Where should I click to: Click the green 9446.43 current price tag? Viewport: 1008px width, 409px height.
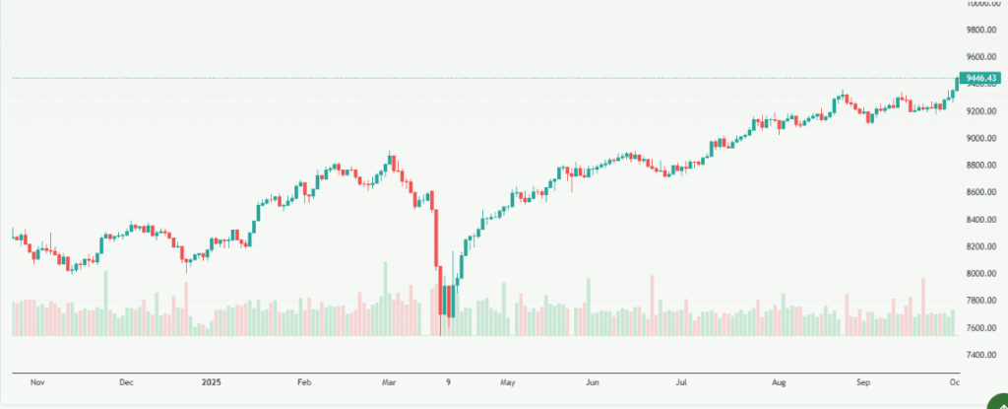[x=981, y=78]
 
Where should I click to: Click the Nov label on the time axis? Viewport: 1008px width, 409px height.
[x=38, y=380]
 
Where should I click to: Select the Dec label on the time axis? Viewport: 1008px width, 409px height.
[x=126, y=380]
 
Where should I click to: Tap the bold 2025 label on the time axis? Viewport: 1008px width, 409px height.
[x=212, y=380]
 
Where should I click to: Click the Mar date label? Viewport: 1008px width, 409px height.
[x=390, y=380]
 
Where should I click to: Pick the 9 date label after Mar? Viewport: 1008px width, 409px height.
[x=448, y=380]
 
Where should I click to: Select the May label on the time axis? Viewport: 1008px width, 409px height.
[x=507, y=380]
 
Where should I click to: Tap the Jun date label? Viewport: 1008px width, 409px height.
[x=592, y=380]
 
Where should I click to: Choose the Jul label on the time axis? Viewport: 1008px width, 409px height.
[x=680, y=380]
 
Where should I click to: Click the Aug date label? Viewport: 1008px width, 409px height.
[x=779, y=380]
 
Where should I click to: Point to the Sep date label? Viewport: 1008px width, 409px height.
[x=863, y=380]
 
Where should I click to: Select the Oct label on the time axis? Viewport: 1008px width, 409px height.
[x=952, y=380]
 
